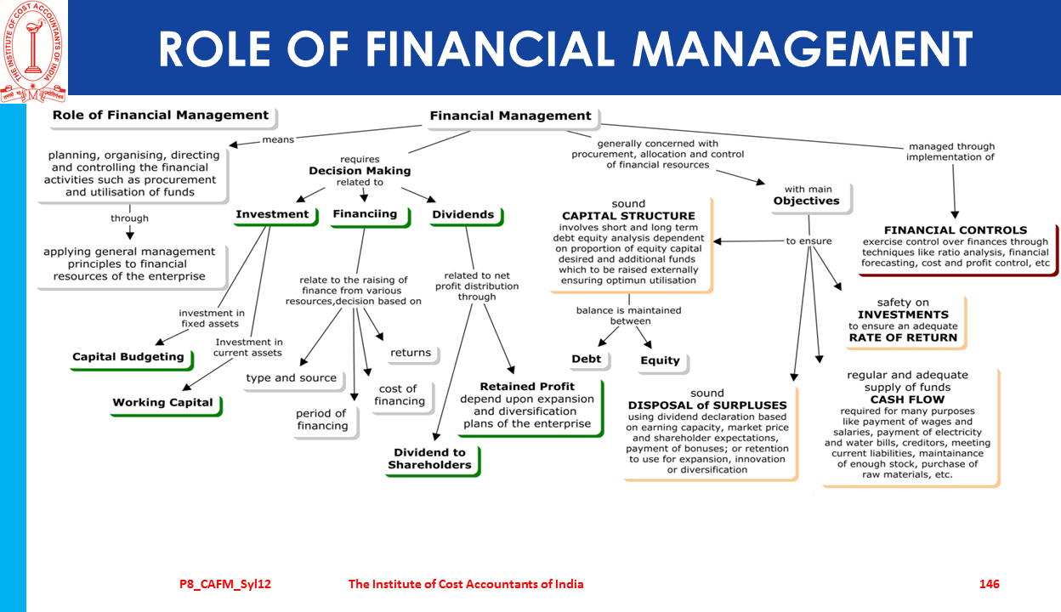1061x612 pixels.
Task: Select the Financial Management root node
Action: click(x=510, y=116)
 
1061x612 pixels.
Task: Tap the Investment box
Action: click(x=272, y=214)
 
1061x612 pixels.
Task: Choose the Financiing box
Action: click(x=365, y=214)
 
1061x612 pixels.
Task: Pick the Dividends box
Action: click(x=462, y=215)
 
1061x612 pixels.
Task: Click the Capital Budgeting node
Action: click(x=128, y=357)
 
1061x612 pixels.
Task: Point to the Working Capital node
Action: click(x=163, y=403)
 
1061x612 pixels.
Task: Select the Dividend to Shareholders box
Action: click(x=430, y=459)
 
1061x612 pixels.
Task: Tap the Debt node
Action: click(x=587, y=359)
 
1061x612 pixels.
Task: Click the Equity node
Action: click(x=661, y=360)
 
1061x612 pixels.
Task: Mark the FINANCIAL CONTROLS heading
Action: click(x=956, y=230)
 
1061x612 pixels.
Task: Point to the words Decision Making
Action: click(x=360, y=171)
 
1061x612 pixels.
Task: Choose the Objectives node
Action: click(x=806, y=201)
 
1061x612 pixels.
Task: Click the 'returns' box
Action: click(x=411, y=353)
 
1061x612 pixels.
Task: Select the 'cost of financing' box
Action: click(x=400, y=395)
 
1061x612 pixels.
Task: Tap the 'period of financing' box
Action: click(x=321, y=420)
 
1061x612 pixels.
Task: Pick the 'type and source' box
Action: click(x=292, y=378)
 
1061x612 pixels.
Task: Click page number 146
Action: click(x=990, y=584)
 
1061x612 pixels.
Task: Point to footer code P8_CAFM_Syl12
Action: click(x=225, y=584)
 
